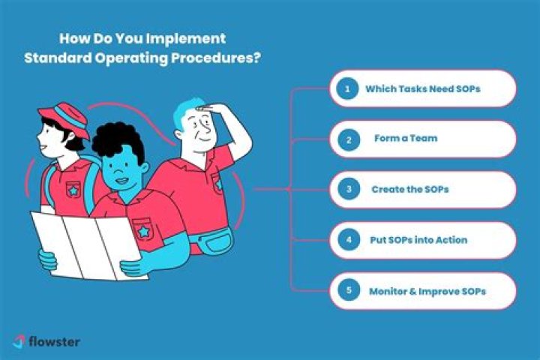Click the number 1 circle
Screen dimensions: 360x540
coord(347,88)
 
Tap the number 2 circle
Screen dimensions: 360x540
coord(347,139)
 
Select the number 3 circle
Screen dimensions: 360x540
coord(347,189)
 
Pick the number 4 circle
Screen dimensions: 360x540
coord(347,240)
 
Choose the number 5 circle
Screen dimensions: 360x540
coord(347,290)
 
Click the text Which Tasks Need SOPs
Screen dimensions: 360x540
coord(422,88)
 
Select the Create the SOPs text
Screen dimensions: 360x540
coord(409,189)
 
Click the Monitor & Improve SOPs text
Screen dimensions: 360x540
coord(427,290)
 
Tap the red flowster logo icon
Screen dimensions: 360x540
coord(19,341)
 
